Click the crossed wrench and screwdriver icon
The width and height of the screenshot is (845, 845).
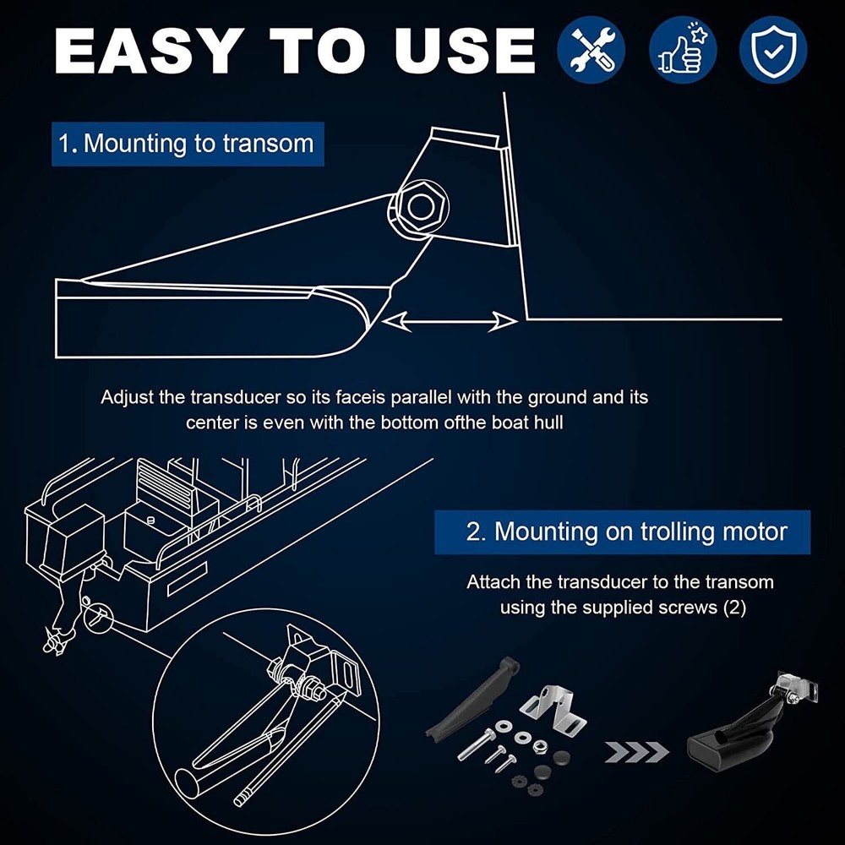point(591,50)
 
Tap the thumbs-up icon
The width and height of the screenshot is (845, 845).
point(683,50)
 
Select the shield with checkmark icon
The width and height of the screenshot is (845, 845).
point(773,50)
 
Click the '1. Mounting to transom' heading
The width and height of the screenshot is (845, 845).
point(188,144)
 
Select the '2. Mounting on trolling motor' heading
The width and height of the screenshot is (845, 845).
point(623,532)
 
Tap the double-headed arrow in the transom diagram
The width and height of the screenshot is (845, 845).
point(450,322)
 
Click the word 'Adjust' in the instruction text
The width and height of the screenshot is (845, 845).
point(128,398)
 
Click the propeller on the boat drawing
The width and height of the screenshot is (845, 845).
point(55,641)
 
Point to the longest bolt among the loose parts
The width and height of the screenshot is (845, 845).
point(477,744)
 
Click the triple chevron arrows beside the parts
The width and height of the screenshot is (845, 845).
point(636,752)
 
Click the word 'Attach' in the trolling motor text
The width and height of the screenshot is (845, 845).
point(493,582)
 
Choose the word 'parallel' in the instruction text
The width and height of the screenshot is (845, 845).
point(421,398)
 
